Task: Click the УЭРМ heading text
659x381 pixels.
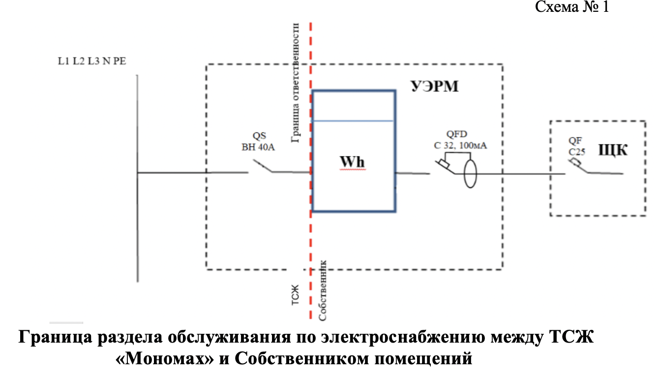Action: coord(435,87)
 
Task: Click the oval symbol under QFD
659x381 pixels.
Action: coord(471,174)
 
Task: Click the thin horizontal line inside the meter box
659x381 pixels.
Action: coord(354,121)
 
